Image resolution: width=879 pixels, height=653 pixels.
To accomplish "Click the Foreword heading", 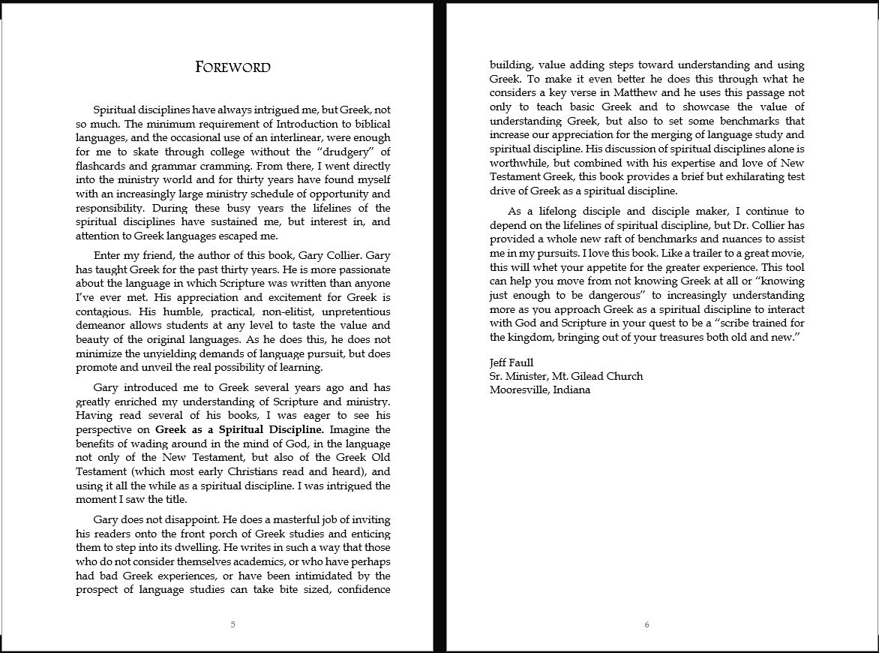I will point(232,68).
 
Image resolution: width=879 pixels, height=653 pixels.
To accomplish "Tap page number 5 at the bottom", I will point(232,624).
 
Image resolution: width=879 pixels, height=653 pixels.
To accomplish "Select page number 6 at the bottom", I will point(646,624).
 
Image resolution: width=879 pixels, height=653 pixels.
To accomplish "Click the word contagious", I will point(103,310).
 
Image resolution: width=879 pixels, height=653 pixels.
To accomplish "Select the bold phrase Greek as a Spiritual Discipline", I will point(239,429).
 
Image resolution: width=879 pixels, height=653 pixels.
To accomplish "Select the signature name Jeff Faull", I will point(511,363).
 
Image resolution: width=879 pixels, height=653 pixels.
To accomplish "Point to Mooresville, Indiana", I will point(540,390).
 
